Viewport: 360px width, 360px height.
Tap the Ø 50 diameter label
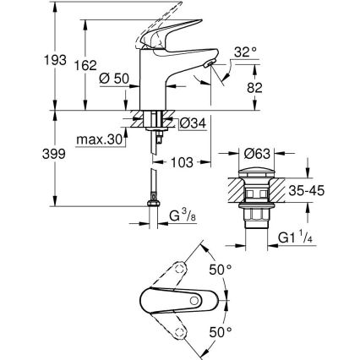point(112,79)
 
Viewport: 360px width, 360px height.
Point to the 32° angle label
point(245,52)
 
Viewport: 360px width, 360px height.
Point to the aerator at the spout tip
point(206,66)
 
